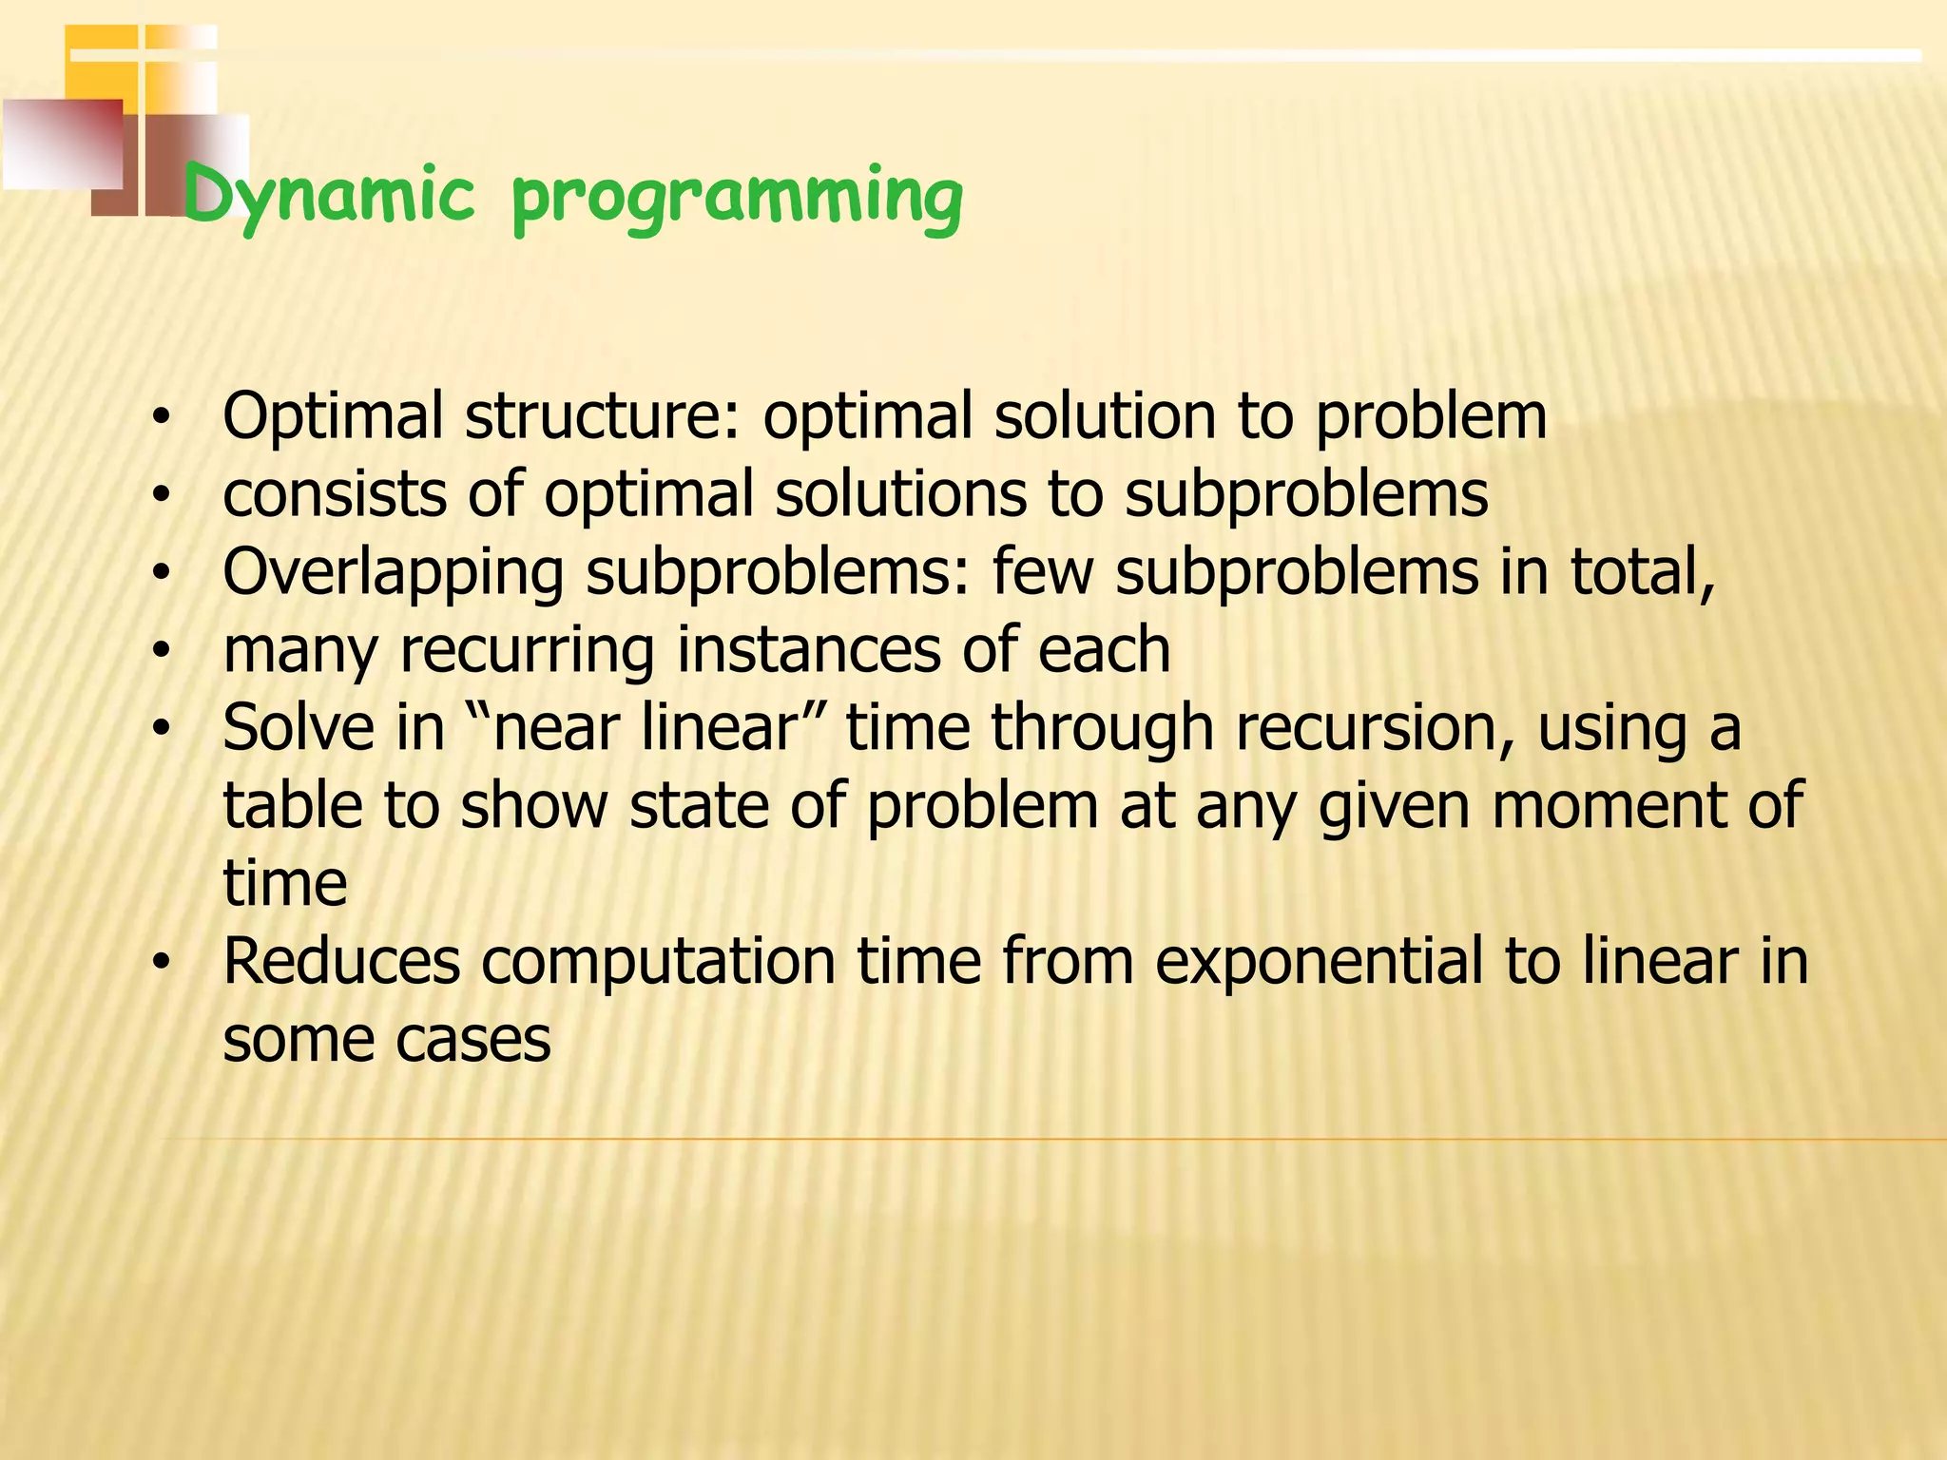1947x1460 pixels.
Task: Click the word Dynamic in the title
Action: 328,195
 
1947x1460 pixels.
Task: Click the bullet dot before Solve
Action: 163,729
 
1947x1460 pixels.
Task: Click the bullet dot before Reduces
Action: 163,963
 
